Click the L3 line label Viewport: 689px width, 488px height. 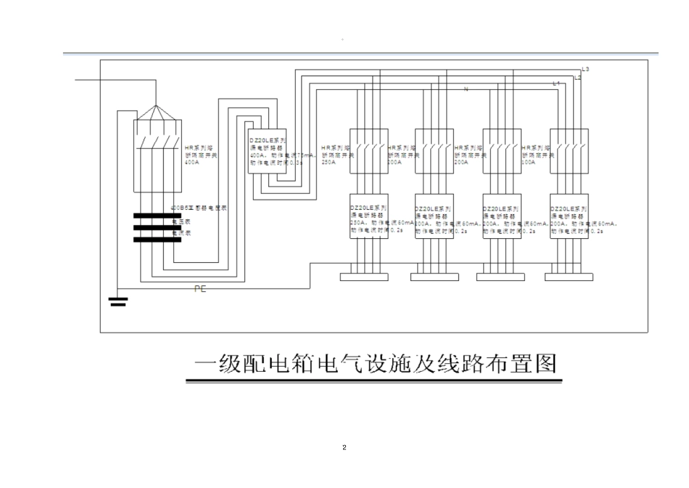pyautogui.click(x=585, y=69)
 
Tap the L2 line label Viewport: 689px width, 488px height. pyautogui.click(x=577, y=77)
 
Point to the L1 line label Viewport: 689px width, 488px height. pyautogui.click(x=556, y=84)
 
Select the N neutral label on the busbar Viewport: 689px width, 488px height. pyautogui.click(x=465, y=89)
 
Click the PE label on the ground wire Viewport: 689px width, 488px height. pyautogui.click(x=200, y=289)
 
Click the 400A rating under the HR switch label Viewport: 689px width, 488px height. pyautogui.click(x=191, y=163)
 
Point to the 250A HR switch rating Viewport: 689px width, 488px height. pyautogui.click(x=328, y=163)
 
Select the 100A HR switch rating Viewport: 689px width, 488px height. pyautogui.click(x=529, y=163)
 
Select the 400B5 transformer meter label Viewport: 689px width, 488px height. pyautogui.click(x=198, y=208)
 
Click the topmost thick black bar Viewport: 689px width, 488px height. pyautogui.click(x=157, y=215)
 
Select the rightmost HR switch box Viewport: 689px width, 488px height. pyautogui.click(x=569, y=151)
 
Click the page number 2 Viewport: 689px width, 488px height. pyautogui.click(x=344, y=447)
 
